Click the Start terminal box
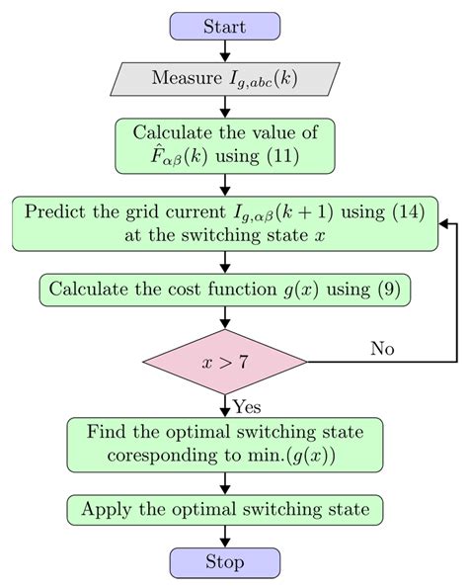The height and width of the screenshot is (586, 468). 225,27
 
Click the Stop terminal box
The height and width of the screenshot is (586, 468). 225,563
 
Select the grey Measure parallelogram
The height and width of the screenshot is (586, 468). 225,78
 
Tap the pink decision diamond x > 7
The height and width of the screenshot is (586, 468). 225,363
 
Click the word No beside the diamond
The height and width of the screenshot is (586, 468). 383,348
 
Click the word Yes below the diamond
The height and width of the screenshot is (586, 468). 247,406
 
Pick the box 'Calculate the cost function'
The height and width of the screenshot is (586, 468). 225,291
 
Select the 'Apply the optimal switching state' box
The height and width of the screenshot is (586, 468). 225,510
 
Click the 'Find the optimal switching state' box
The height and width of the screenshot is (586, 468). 225,444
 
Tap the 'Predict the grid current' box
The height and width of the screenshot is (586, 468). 225,223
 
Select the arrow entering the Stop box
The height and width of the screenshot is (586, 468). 225,538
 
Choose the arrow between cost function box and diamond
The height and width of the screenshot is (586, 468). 225,319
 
